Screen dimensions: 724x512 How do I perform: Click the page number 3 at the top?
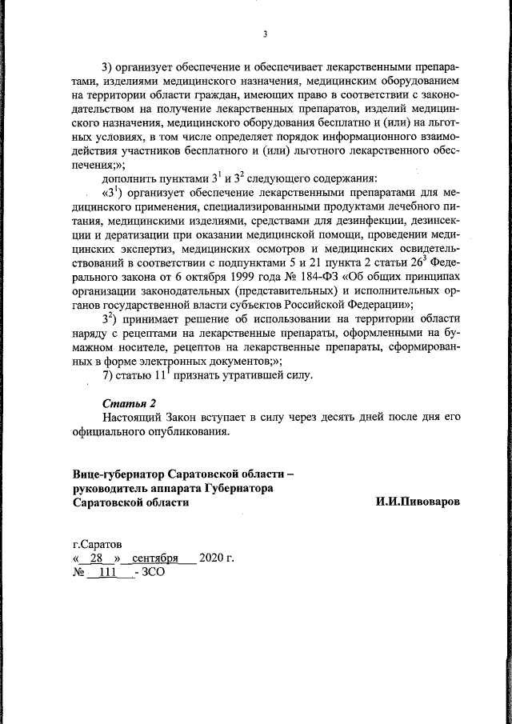pyautogui.click(x=264, y=34)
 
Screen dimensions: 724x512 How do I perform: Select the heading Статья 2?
pyautogui.click(x=126, y=402)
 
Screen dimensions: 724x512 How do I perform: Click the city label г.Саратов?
pyautogui.click(x=96, y=542)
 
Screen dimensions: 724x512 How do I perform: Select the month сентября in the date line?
pyautogui.click(x=155, y=558)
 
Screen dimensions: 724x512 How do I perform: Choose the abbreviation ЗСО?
pyautogui.click(x=154, y=573)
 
